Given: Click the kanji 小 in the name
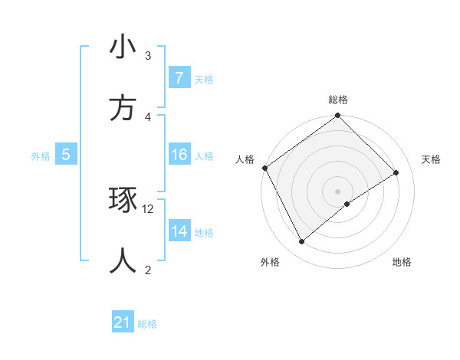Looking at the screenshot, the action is tap(123, 47).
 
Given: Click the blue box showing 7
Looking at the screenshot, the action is tap(179, 78).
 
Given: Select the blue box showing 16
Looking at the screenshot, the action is tap(179, 155).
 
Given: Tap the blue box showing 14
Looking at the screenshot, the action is tap(179, 231).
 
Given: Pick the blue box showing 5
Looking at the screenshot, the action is tap(66, 155).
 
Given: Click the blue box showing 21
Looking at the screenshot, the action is tap(123, 322).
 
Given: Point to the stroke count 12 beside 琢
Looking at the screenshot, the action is tap(148, 208).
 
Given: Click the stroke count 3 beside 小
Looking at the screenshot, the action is tap(148, 55).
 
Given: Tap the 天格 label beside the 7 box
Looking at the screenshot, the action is tap(204, 79).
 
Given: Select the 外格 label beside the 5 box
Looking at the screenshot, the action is tap(41, 155).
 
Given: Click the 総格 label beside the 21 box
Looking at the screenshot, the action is tap(147, 323).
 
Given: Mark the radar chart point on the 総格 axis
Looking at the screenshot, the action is tap(337, 116).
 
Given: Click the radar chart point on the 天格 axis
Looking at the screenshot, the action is tap(396, 172).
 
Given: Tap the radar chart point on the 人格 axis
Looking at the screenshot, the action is tap(264, 168).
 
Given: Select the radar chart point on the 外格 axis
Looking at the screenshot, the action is tap(301, 242).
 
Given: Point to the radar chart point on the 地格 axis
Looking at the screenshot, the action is tap(347, 204).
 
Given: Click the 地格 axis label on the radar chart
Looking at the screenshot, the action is tap(402, 262).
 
